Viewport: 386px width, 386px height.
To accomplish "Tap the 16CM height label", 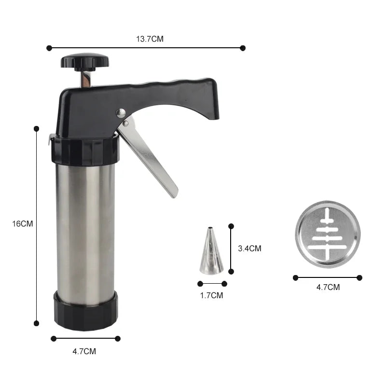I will click(x=23, y=224).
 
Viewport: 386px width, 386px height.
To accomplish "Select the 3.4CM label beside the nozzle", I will click(x=249, y=248).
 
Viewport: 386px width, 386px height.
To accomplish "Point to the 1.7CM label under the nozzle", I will click(x=211, y=295).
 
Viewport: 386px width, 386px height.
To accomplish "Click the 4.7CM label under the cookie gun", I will click(x=84, y=351).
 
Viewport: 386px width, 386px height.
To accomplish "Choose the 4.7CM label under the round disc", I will click(x=328, y=287).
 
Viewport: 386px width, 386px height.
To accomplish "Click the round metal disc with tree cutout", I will click(x=328, y=234).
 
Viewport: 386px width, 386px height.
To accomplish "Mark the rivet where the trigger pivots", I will click(x=121, y=113).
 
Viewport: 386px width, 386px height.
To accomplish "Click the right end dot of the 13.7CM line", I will click(x=243, y=48).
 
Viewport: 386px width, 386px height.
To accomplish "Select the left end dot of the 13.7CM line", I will click(x=49, y=48).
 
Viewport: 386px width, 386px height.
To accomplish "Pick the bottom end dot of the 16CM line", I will click(x=36, y=323).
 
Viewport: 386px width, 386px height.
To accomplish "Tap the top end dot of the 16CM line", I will click(x=36, y=128).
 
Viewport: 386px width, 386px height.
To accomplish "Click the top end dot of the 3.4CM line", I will click(x=231, y=226).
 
